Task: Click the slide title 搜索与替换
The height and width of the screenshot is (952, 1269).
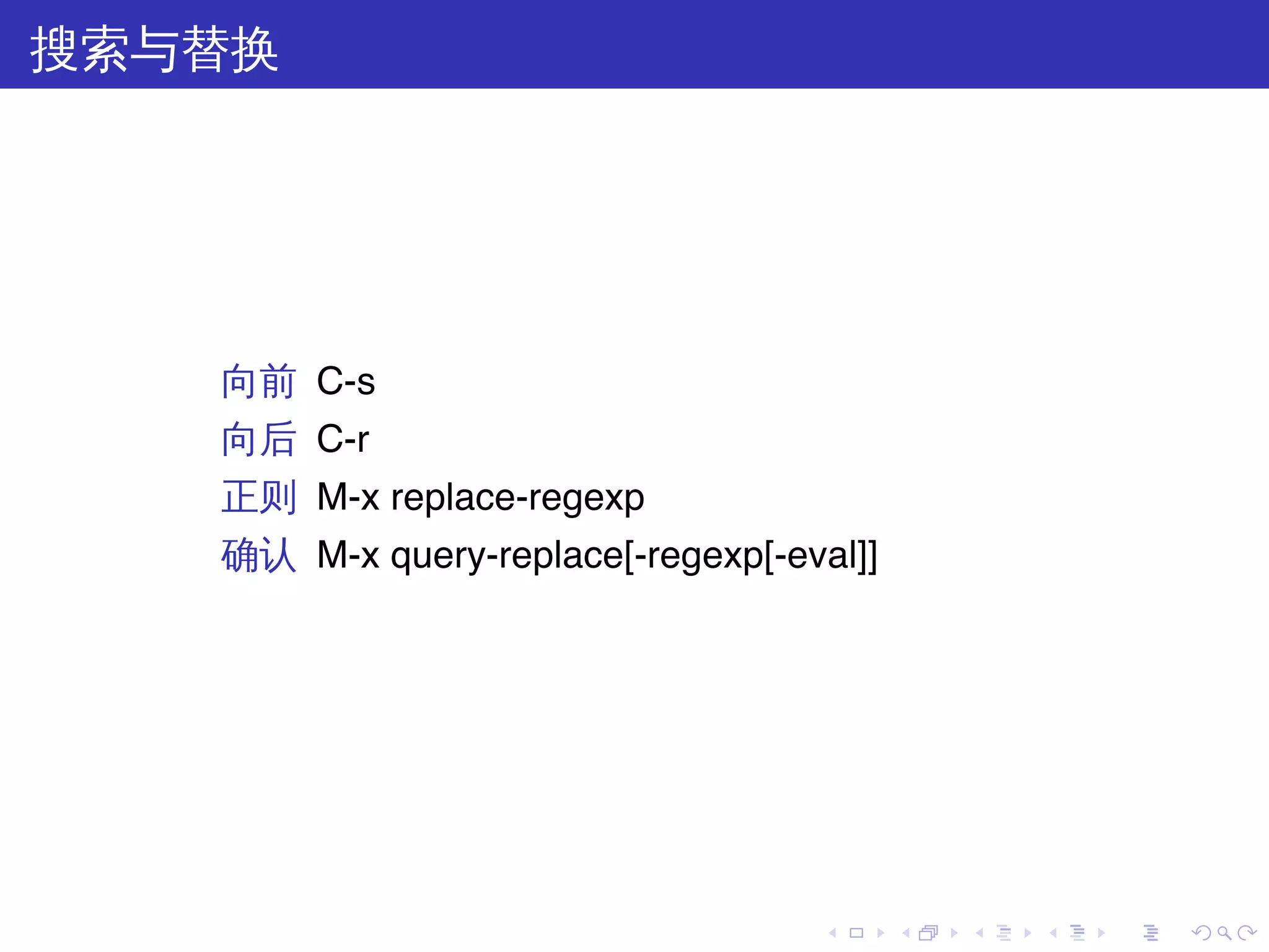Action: [154, 50]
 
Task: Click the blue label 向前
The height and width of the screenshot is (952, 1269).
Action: [258, 382]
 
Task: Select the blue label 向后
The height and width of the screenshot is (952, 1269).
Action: [258, 439]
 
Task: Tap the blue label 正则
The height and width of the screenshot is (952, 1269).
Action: [258, 497]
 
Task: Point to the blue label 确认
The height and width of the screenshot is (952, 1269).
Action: [258, 555]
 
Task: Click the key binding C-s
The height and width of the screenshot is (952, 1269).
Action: [346, 381]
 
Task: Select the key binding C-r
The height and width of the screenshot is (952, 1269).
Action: [343, 439]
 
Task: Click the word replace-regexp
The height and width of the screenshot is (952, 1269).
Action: [517, 498]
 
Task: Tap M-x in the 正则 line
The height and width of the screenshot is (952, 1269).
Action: [348, 497]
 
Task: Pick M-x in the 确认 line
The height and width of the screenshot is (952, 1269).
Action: [348, 555]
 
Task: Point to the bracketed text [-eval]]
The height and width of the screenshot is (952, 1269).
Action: [821, 555]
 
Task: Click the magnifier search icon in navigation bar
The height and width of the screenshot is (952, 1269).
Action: [1224, 933]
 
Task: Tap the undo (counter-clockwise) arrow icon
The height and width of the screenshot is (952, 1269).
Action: [1201, 933]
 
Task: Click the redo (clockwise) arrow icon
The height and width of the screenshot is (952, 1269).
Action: [1246, 933]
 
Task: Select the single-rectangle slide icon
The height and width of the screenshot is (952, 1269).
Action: [856, 933]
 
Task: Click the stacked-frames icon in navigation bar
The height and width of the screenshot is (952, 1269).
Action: [928, 933]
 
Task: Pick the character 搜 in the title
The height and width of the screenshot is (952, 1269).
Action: [55, 50]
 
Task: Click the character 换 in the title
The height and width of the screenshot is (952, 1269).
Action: [254, 50]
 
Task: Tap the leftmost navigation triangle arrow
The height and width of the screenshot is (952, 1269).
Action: [833, 933]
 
